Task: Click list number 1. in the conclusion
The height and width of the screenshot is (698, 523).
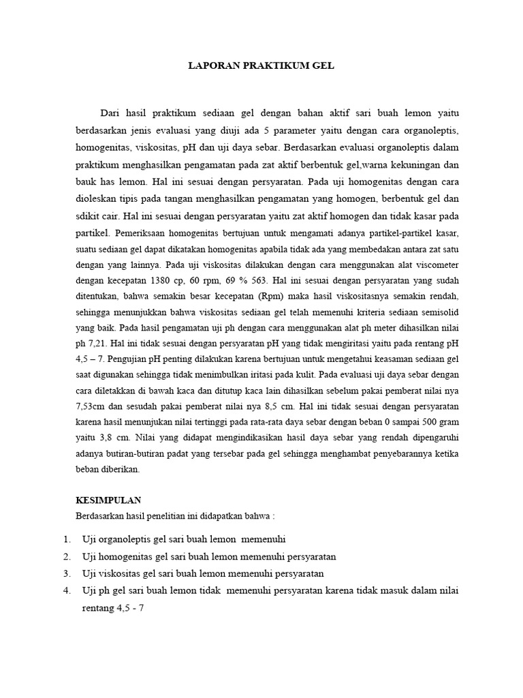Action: [x=66, y=538]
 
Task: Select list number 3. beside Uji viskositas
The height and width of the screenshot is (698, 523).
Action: [x=66, y=573]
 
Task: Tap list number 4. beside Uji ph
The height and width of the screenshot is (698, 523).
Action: [x=66, y=590]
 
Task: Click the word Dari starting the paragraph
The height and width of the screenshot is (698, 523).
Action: [x=111, y=112]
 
